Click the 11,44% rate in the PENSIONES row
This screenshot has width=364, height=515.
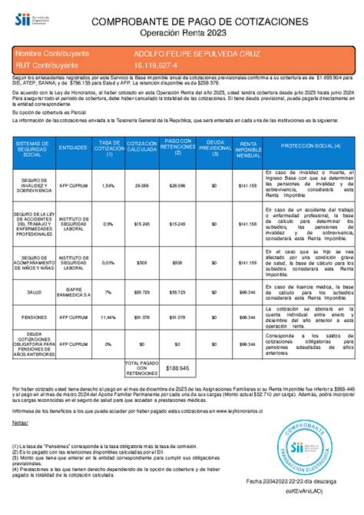108,316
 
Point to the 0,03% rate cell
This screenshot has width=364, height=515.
108,261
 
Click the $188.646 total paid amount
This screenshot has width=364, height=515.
177,368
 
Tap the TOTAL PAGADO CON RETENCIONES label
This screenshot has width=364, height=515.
141,368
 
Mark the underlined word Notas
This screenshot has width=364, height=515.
20,423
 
